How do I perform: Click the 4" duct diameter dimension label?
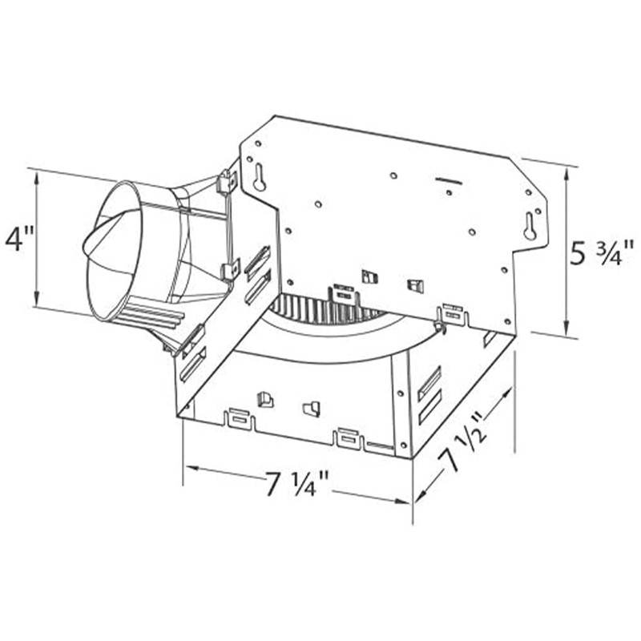(18, 240)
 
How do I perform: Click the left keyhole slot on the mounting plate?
(260, 178)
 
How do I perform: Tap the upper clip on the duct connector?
(228, 183)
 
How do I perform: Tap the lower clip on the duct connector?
(231, 271)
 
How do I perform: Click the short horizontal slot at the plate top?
(449, 182)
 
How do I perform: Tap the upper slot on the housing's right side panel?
(429, 382)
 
